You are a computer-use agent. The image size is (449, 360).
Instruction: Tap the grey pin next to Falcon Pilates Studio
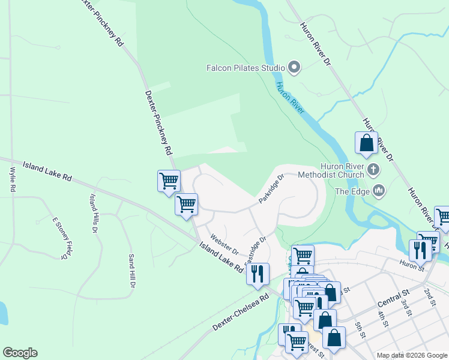pyautogui.click(x=294, y=68)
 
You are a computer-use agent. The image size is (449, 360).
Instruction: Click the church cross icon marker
pyautogui.click(x=373, y=170)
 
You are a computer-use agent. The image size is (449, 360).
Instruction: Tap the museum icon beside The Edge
pyautogui.click(x=378, y=191)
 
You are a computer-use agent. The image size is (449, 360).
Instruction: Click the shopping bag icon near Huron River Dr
pyautogui.click(x=366, y=144)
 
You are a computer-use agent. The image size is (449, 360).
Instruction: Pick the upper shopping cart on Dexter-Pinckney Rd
pyautogui.click(x=169, y=181)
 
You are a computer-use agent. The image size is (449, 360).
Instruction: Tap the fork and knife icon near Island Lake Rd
pyautogui.click(x=258, y=274)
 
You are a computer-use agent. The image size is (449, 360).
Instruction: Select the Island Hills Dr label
pyautogui.click(x=94, y=213)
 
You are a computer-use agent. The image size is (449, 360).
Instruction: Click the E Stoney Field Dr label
pyautogui.click(x=60, y=238)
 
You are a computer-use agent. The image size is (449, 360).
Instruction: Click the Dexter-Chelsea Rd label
pyautogui.click(x=241, y=313)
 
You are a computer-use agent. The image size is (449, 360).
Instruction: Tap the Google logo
pyautogui.click(x=20, y=353)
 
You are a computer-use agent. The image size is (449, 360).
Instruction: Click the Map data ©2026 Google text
pyautogui.click(x=412, y=355)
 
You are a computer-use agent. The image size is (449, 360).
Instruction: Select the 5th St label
pyautogui.click(x=360, y=329)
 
